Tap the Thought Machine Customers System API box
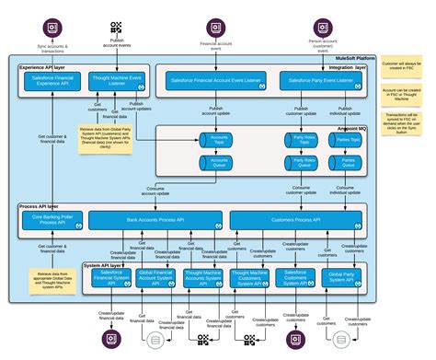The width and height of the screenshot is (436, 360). coord(248,278)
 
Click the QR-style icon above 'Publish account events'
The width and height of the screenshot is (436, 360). coord(116,28)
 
